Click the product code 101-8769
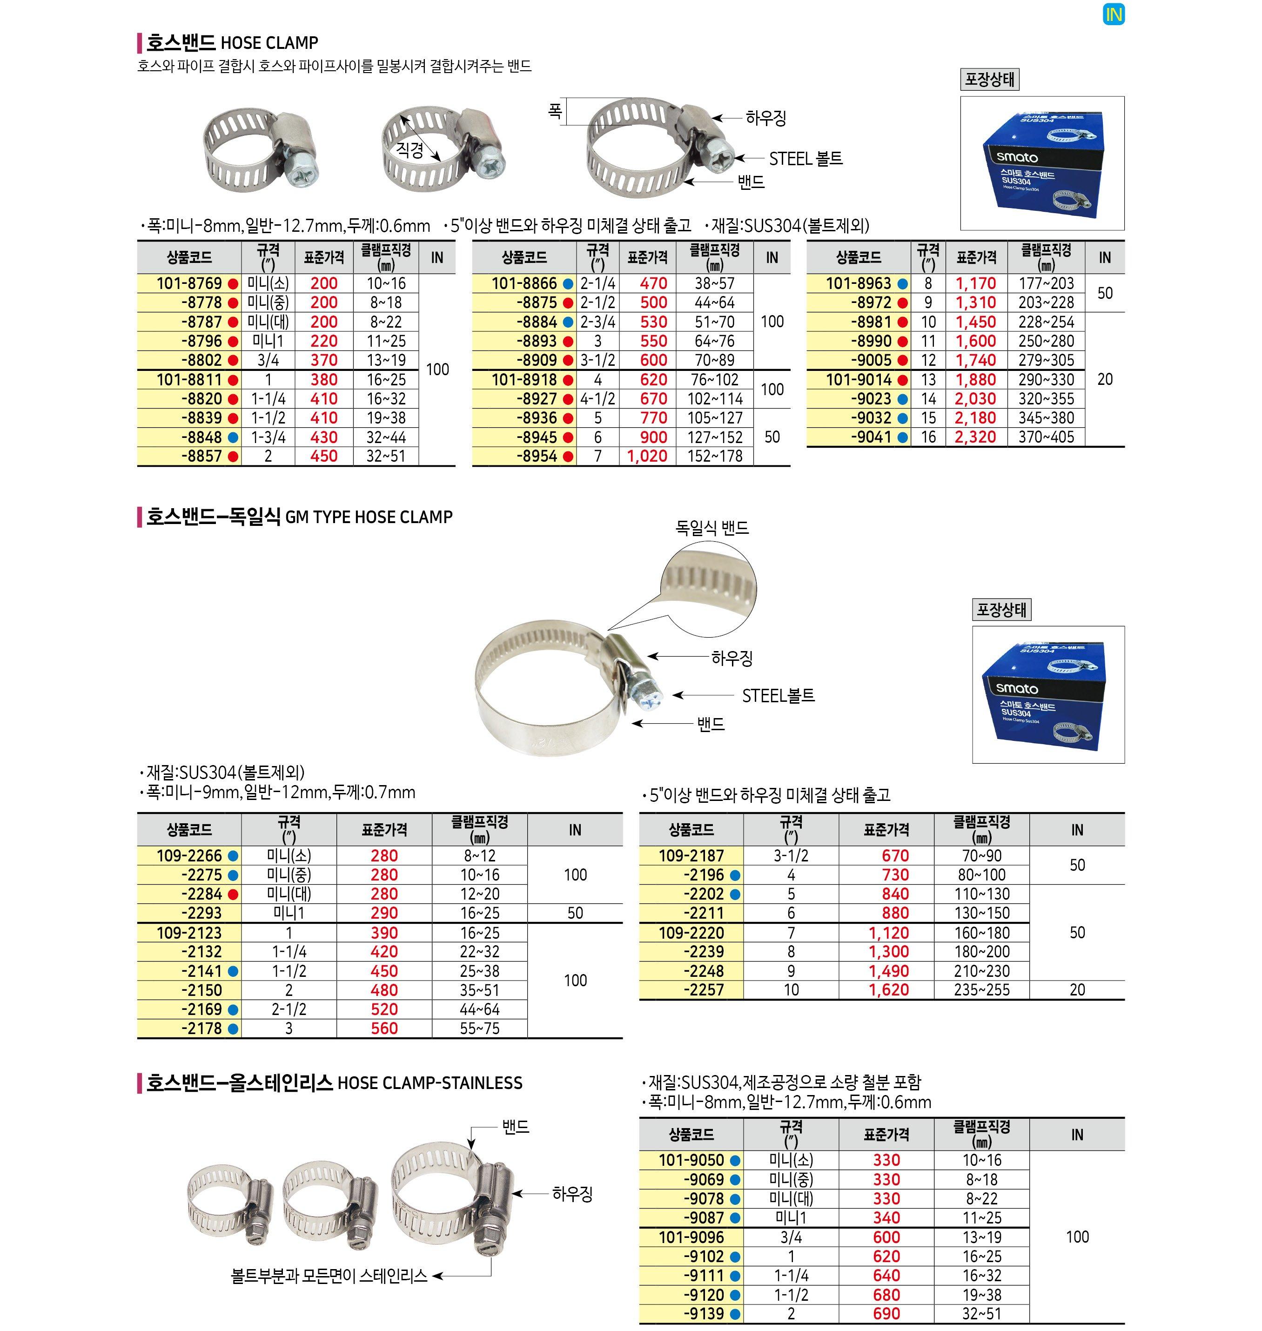click(x=189, y=283)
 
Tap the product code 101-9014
click(x=859, y=379)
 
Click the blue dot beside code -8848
click(x=233, y=437)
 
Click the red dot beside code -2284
click(x=233, y=894)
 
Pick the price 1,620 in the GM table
click(x=888, y=990)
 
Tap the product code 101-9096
click(x=691, y=1237)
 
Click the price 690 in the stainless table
click(x=886, y=1313)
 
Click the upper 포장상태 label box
click(x=989, y=80)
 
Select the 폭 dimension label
click(x=554, y=110)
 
